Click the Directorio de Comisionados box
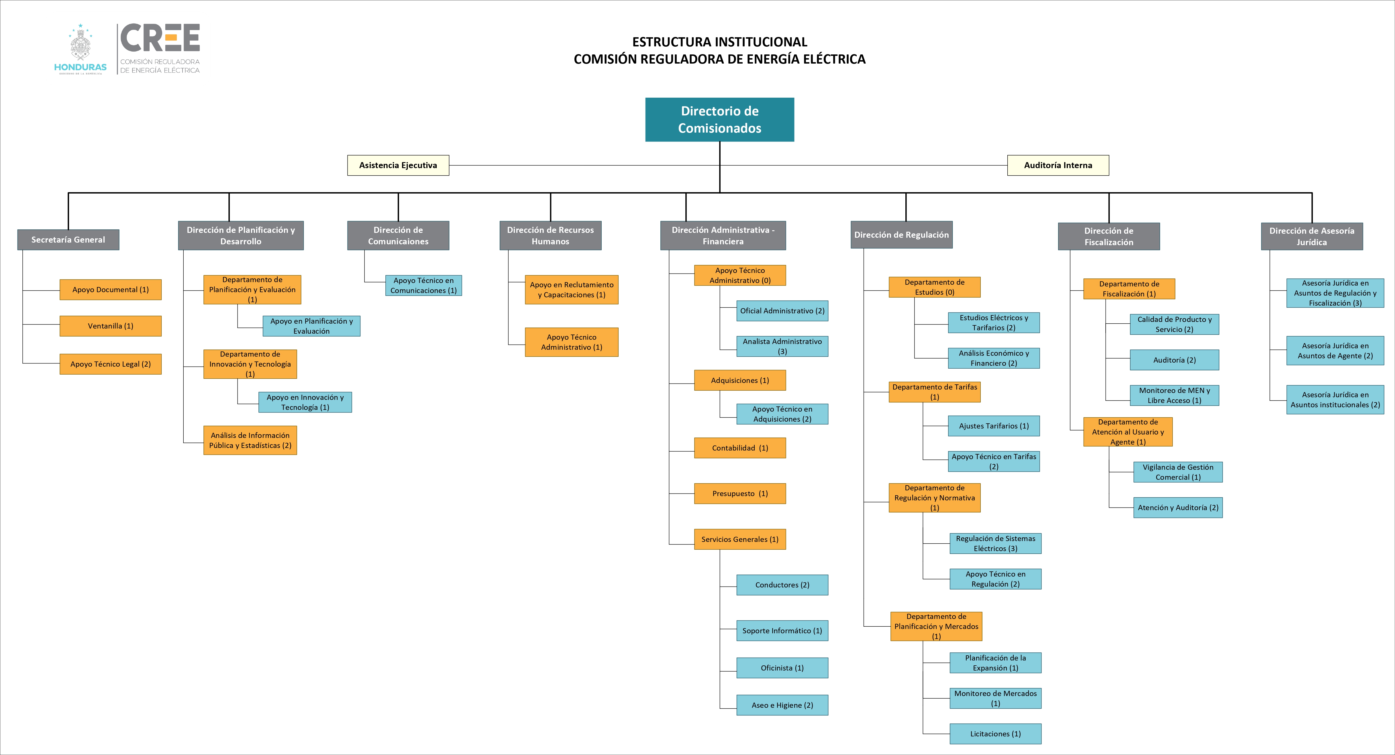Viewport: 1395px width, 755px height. tap(719, 120)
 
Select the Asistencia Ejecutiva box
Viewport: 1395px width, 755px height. tap(398, 165)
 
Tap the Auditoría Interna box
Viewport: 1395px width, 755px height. tap(1057, 165)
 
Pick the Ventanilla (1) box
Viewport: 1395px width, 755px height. tap(111, 326)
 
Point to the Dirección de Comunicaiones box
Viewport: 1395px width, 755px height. tap(398, 235)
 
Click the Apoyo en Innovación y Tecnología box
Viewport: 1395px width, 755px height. tap(305, 402)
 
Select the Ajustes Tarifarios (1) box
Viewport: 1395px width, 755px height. tap(994, 426)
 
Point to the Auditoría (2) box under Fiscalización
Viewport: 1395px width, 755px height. tap(1174, 360)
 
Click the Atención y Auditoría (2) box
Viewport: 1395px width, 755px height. tap(1178, 508)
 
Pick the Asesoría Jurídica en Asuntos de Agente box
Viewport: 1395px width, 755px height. tap(1335, 351)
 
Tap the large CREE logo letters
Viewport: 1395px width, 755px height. tap(160, 38)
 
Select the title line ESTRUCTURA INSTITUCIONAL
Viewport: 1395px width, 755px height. tap(719, 42)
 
